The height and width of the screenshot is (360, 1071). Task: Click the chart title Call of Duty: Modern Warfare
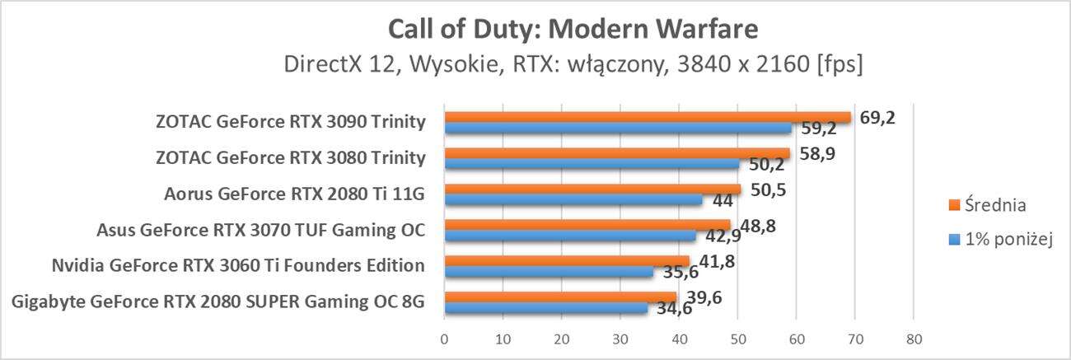(x=573, y=30)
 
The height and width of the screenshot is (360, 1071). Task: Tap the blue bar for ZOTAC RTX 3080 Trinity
(x=592, y=163)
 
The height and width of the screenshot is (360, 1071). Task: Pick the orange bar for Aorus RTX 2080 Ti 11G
(x=592, y=189)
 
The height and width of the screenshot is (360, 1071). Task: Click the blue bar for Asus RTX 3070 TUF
(x=570, y=236)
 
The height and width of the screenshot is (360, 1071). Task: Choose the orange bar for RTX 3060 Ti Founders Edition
(x=567, y=261)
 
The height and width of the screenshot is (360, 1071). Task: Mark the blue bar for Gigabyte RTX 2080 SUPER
(x=545, y=307)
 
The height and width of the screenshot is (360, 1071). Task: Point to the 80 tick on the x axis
(x=913, y=338)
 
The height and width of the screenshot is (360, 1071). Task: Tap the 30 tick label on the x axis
(x=620, y=338)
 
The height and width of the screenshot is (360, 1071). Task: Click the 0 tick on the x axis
(x=445, y=338)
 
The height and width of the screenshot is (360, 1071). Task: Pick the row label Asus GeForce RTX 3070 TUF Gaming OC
(x=261, y=229)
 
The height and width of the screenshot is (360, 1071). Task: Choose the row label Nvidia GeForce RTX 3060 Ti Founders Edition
(x=238, y=265)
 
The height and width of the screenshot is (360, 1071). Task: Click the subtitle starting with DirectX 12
(x=573, y=64)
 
